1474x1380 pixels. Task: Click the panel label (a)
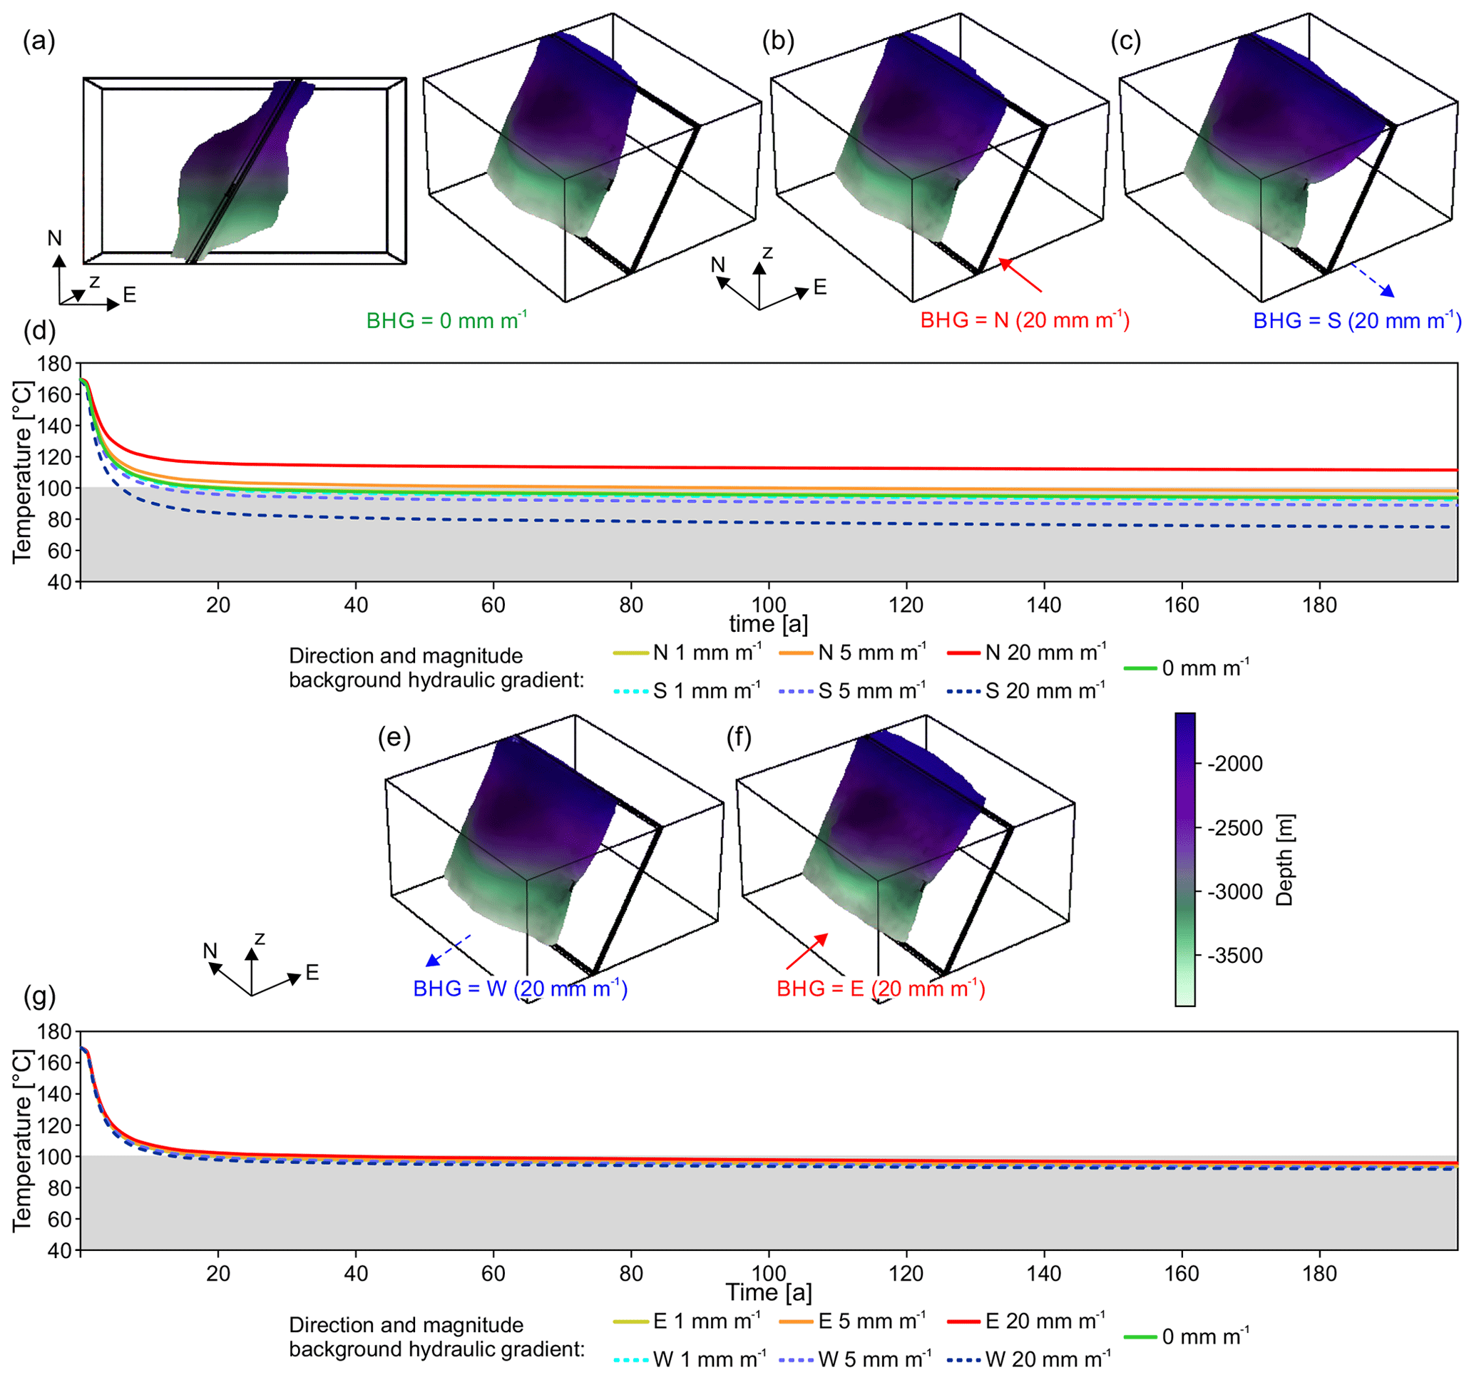tap(39, 41)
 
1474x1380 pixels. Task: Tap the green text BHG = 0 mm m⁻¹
tap(446, 320)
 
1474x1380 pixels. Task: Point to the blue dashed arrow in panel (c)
tap(1372, 280)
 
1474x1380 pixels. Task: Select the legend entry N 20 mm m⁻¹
tap(1027, 653)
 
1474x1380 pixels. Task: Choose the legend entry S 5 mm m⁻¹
tap(853, 691)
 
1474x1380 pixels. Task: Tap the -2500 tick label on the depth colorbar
tap(1235, 827)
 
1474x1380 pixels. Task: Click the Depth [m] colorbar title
tap(1284, 860)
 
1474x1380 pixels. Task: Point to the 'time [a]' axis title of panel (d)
tap(768, 623)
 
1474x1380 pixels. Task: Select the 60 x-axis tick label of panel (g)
tap(493, 1274)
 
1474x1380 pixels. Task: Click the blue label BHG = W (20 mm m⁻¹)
tap(521, 988)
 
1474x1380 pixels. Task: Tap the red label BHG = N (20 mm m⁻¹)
tap(1025, 320)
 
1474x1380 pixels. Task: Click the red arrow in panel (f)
tap(807, 951)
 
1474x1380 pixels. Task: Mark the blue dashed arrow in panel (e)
tap(449, 951)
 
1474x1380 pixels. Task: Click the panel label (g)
tap(39, 997)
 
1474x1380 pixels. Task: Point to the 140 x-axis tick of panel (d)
tap(1044, 605)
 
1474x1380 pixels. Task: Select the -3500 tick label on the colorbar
tap(1235, 955)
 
